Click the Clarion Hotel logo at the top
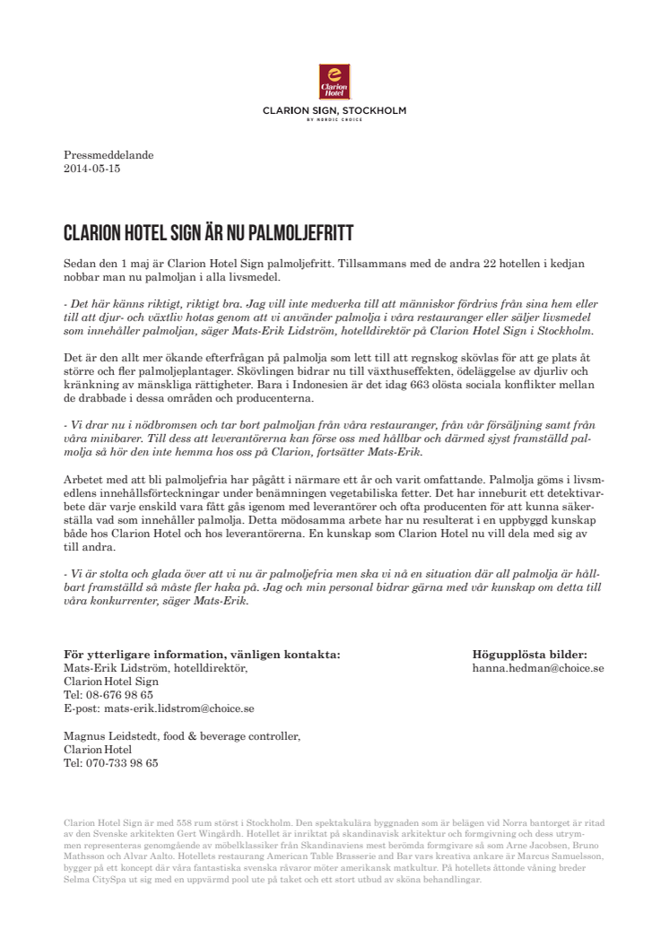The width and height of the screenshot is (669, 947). (x=334, y=82)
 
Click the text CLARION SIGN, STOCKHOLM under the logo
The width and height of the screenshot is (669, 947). (x=334, y=111)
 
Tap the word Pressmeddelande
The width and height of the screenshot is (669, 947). (x=109, y=155)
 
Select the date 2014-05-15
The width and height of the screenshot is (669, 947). (x=91, y=169)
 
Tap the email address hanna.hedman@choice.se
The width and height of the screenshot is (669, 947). (x=537, y=668)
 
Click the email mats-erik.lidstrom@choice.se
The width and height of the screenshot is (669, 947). (x=160, y=708)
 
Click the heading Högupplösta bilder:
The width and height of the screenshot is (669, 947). (x=529, y=655)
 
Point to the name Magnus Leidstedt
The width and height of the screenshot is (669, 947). (x=107, y=736)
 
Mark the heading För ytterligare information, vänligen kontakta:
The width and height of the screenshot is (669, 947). (x=202, y=655)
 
